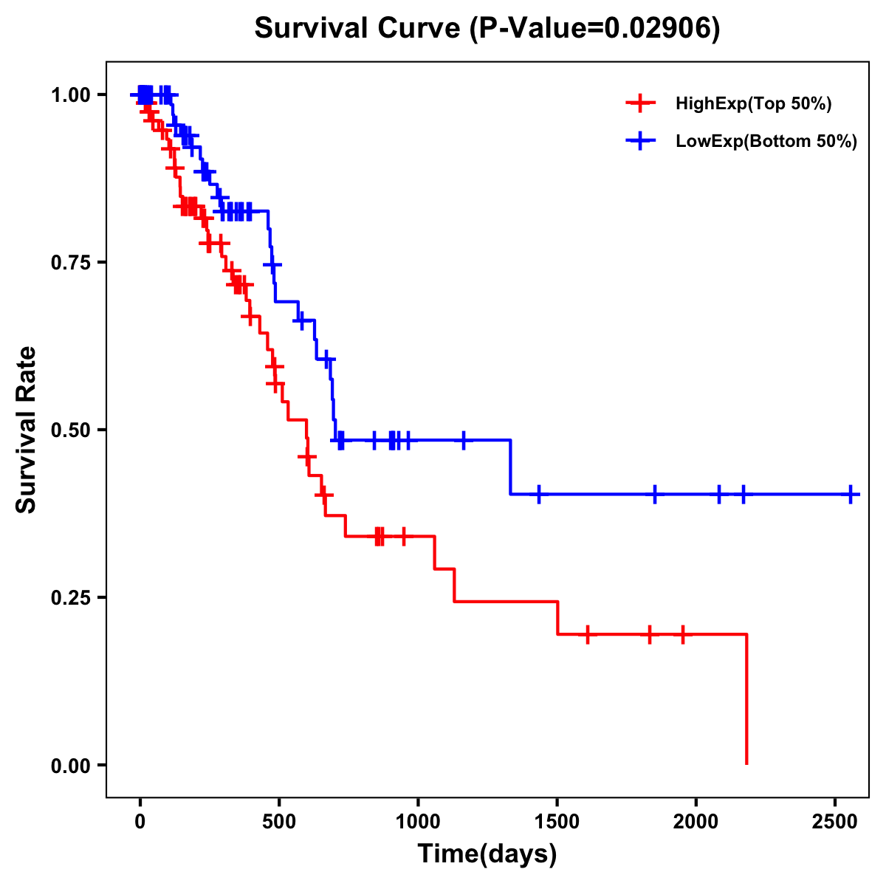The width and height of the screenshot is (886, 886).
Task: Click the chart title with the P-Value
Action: point(487,29)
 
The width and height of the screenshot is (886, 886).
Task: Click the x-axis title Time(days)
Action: point(487,854)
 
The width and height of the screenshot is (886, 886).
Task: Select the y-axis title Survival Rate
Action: point(27,430)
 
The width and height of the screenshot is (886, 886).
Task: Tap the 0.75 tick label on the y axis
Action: point(72,263)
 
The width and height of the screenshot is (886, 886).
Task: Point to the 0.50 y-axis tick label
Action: point(72,430)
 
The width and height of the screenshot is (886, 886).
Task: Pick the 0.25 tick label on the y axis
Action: point(72,597)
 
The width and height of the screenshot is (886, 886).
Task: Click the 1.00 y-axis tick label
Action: point(72,95)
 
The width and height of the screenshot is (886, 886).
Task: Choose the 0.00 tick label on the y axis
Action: point(72,765)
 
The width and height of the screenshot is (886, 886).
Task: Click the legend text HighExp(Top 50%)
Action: point(753,104)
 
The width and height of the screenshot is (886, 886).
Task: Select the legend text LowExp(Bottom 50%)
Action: point(766,142)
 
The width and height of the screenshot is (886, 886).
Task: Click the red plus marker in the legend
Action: point(640,103)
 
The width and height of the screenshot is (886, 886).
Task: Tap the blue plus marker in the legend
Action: point(640,141)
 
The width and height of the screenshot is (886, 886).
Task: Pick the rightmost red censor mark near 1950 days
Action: point(683,634)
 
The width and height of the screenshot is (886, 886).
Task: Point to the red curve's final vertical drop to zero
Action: point(746,701)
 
